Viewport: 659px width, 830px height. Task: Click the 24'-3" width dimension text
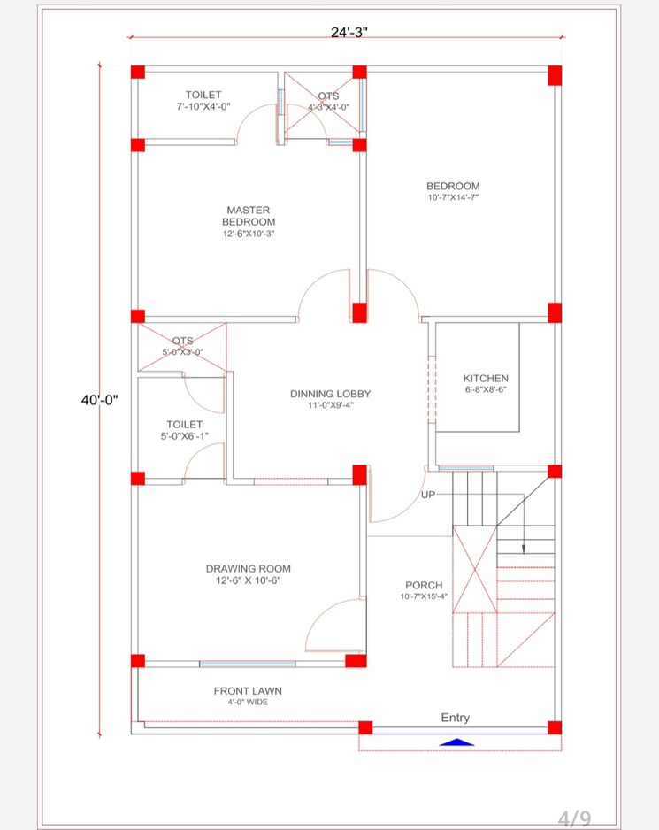point(349,32)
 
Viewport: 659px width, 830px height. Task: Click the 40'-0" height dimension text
point(100,400)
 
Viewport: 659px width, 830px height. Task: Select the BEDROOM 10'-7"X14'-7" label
point(453,191)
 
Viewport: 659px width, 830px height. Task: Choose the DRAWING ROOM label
point(249,574)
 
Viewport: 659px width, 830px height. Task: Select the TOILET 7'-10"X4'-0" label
point(203,100)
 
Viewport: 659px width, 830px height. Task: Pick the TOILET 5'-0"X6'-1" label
point(184,430)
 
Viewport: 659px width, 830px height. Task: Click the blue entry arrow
point(456,742)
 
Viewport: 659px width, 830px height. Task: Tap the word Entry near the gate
point(456,718)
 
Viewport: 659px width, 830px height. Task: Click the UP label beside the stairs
point(428,495)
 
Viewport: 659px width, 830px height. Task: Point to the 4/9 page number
point(572,818)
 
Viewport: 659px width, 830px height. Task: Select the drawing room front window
point(247,664)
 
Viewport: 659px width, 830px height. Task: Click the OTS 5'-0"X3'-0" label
point(182,346)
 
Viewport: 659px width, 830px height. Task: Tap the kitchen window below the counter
point(465,468)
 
